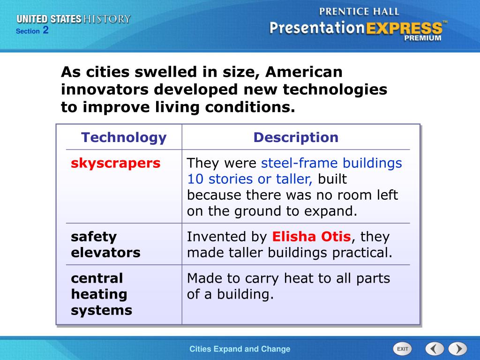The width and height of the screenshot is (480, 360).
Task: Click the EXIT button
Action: (402, 349)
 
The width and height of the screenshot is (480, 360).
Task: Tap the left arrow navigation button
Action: (435, 349)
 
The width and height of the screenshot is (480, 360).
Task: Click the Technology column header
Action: (124, 138)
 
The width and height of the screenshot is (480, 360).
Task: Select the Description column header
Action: (296, 138)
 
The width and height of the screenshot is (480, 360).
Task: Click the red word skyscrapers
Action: (116, 163)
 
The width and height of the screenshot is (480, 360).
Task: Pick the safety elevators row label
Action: (105, 245)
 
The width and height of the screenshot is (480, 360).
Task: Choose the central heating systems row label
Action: (101, 294)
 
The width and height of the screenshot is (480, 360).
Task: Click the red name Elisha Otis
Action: (311, 237)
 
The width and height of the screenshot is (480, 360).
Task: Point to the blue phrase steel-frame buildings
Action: (331, 163)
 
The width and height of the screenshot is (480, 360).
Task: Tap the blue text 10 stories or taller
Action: (249, 179)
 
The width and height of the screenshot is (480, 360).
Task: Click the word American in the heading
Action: (304, 73)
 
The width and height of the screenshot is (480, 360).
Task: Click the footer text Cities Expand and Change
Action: (240, 349)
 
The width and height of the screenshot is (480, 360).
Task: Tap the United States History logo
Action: (74, 19)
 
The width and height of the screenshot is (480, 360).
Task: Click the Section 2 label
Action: (32, 31)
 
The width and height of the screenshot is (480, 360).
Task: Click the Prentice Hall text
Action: (359, 11)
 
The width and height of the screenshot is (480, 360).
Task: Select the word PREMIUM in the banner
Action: (423, 38)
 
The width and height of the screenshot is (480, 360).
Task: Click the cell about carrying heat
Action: (288, 286)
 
